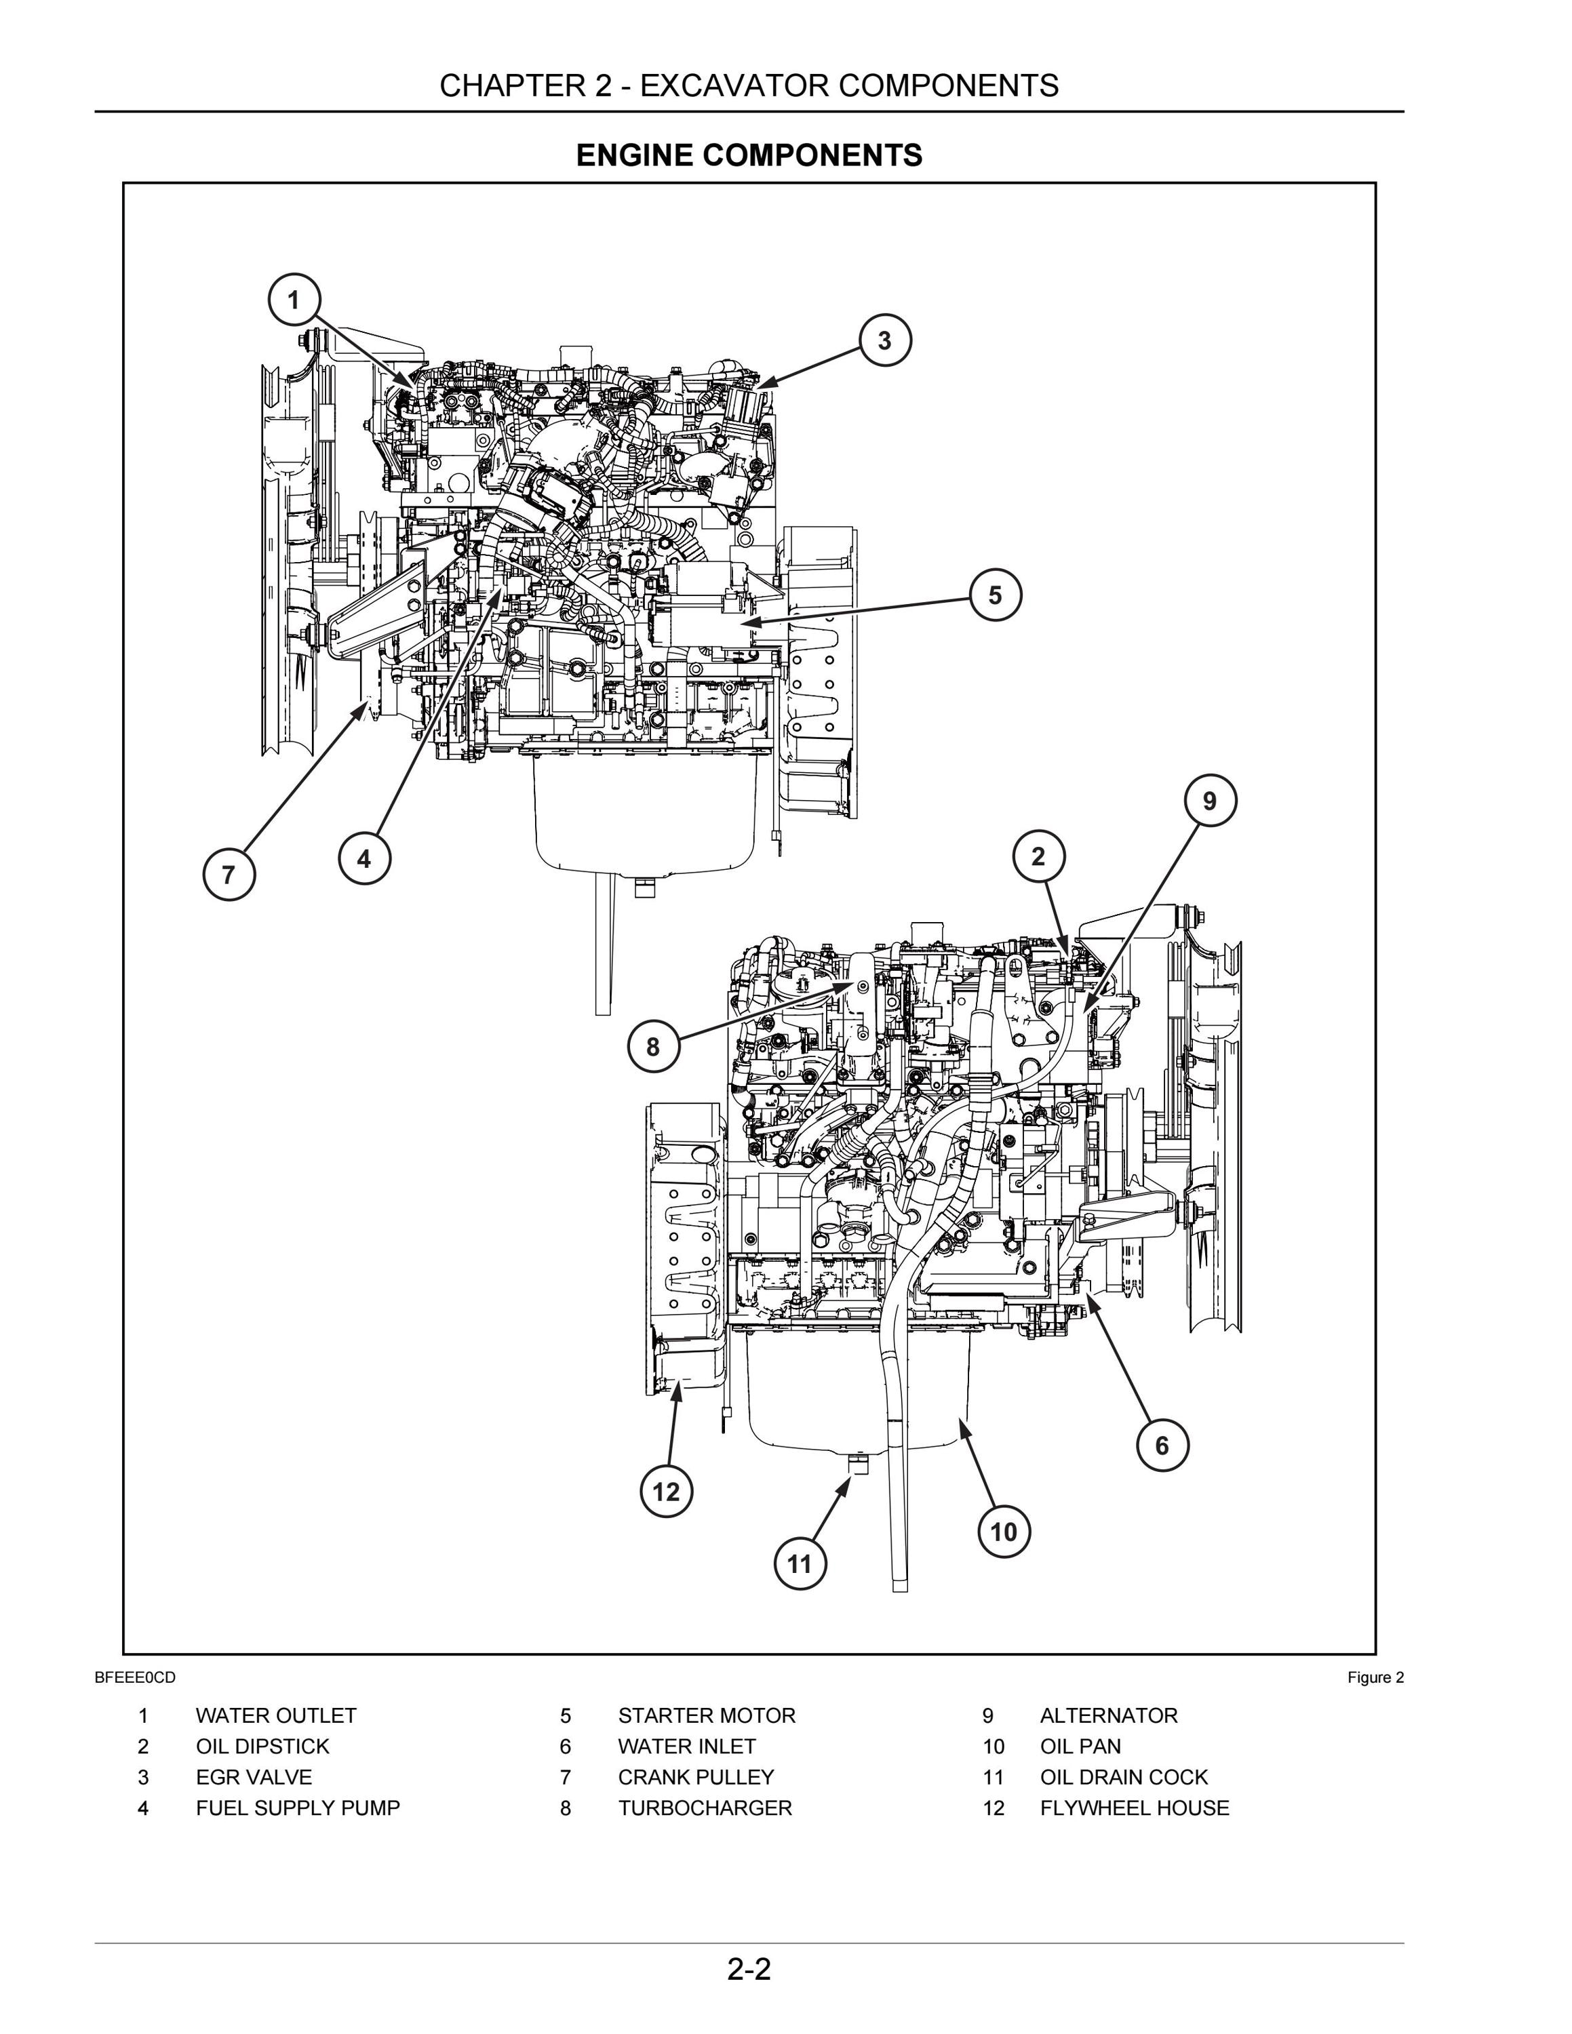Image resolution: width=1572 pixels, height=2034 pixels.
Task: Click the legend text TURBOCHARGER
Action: click(x=705, y=1808)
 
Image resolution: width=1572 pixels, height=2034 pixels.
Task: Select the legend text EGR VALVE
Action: click(x=254, y=1777)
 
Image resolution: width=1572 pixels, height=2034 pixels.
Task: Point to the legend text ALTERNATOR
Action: click(x=1108, y=1715)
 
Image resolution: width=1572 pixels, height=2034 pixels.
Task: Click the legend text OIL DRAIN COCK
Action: click(x=1124, y=1777)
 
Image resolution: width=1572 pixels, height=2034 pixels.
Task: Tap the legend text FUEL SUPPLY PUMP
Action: click(x=298, y=1808)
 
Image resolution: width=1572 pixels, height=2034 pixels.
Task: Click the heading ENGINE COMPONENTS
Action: click(x=749, y=155)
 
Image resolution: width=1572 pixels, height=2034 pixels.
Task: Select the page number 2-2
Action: click(x=749, y=1969)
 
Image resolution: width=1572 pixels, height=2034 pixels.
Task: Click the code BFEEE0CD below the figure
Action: click(x=135, y=1677)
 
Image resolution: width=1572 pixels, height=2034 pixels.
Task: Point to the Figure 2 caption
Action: click(x=1375, y=1677)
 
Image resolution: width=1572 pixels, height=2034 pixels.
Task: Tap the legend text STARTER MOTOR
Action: click(x=707, y=1715)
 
